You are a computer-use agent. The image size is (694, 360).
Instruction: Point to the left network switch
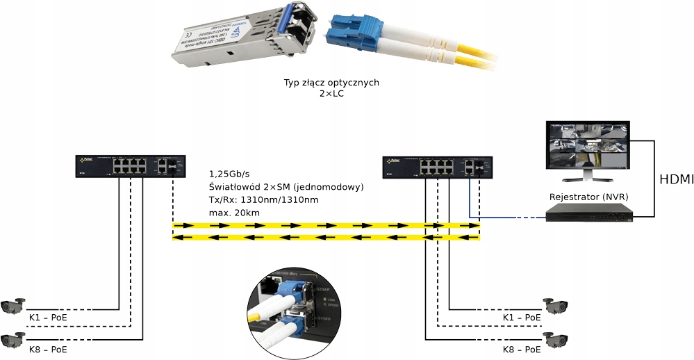tap(129, 167)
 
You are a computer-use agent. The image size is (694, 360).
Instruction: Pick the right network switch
tap(436, 167)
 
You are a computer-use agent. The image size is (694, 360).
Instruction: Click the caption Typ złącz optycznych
tap(331, 83)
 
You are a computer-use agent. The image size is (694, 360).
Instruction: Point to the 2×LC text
tap(331, 95)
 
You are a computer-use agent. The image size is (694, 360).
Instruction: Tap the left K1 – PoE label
tap(48, 318)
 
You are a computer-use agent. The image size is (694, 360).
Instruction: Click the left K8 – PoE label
tap(48, 348)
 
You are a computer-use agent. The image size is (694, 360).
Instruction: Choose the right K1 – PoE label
tap(522, 318)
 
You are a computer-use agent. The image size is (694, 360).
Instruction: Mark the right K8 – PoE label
tap(522, 348)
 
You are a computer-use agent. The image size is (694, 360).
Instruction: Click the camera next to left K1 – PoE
tap(13, 305)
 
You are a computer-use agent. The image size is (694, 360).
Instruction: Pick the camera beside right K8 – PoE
tap(556, 338)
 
